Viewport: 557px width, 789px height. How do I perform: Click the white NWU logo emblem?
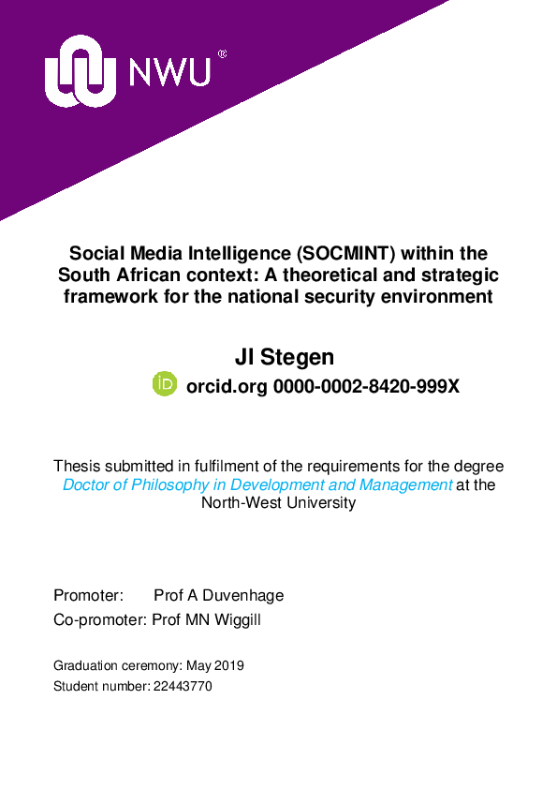pos(81,72)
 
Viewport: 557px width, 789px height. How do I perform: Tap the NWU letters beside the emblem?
pos(169,72)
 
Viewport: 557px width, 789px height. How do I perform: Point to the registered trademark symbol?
pos(222,54)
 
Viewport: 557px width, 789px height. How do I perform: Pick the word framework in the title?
pos(107,296)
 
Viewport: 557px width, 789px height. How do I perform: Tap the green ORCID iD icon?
pos(165,384)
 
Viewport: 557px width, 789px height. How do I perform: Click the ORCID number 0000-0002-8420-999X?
pos(365,385)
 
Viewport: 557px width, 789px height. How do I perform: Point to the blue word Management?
pos(405,484)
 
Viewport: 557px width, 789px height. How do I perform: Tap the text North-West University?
pos(278,503)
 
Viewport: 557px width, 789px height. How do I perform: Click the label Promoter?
pos(88,595)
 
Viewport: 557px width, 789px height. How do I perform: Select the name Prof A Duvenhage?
pos(218,595)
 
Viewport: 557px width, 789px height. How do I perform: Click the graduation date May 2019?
pos(214,665)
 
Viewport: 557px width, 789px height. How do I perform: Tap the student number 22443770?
pos(183,686)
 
